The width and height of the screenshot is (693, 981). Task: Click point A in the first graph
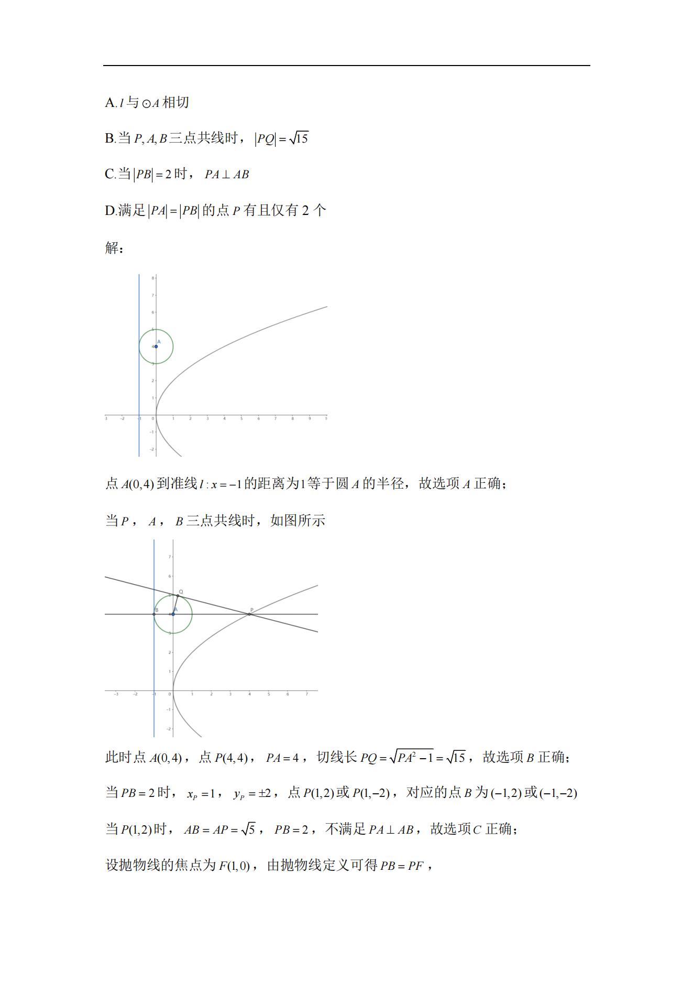click(x=156, y=347)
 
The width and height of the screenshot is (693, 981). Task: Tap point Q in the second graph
click(x=178, y=596)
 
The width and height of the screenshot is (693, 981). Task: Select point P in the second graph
click(x=249, y=614)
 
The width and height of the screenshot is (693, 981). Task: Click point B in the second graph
click(x=154, y=614)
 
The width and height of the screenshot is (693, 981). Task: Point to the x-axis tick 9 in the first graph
click(x=309, y=419)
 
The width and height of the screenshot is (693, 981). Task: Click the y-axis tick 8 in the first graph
click(x=153, y=278)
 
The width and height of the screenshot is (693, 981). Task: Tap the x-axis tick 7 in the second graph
click(x=306, y=694)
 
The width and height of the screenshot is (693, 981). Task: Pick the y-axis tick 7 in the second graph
click(x=170, y=557)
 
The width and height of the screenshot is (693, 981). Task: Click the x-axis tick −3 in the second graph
click(x=116, y=694)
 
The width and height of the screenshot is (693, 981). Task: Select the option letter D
click(x=110, y=211)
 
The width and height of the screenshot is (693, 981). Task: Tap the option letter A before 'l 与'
click(x=109, y=103)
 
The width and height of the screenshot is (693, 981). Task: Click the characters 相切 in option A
click(x=175, y=102)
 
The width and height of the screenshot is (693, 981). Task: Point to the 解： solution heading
click(x=114, y=247)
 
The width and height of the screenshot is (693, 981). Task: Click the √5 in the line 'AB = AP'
click(x=248, y=829)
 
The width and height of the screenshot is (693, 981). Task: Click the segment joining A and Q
click(x=175, y=605)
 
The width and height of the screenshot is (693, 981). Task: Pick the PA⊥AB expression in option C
click(x=227, y=175)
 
